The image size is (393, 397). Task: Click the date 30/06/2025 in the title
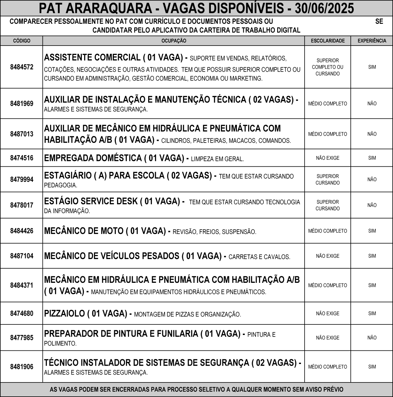point(324,8)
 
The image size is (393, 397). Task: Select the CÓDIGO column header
point(21,41)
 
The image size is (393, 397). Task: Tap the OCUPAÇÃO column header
point(174,41)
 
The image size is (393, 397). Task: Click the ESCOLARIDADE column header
point(327,41)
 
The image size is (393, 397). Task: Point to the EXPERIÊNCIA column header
point(372,41)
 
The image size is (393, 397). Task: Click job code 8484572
point(21,67)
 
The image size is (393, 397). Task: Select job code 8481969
point(21,104)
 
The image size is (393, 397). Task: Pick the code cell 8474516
point(21,158)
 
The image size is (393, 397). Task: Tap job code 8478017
point(21,205)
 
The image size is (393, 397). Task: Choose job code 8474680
point(21,314)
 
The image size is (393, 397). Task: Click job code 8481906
point(21,367)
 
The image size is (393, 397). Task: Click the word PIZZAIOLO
point(64,314)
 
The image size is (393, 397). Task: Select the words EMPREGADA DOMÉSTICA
point(93,158)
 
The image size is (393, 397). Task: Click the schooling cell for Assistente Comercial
point(327,67)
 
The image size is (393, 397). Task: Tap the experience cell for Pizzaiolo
point(372,314)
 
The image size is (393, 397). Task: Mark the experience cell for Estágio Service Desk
point(372,205)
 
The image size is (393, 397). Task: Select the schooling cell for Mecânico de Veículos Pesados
point(327,256)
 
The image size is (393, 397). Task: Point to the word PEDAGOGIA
point(60,185)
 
